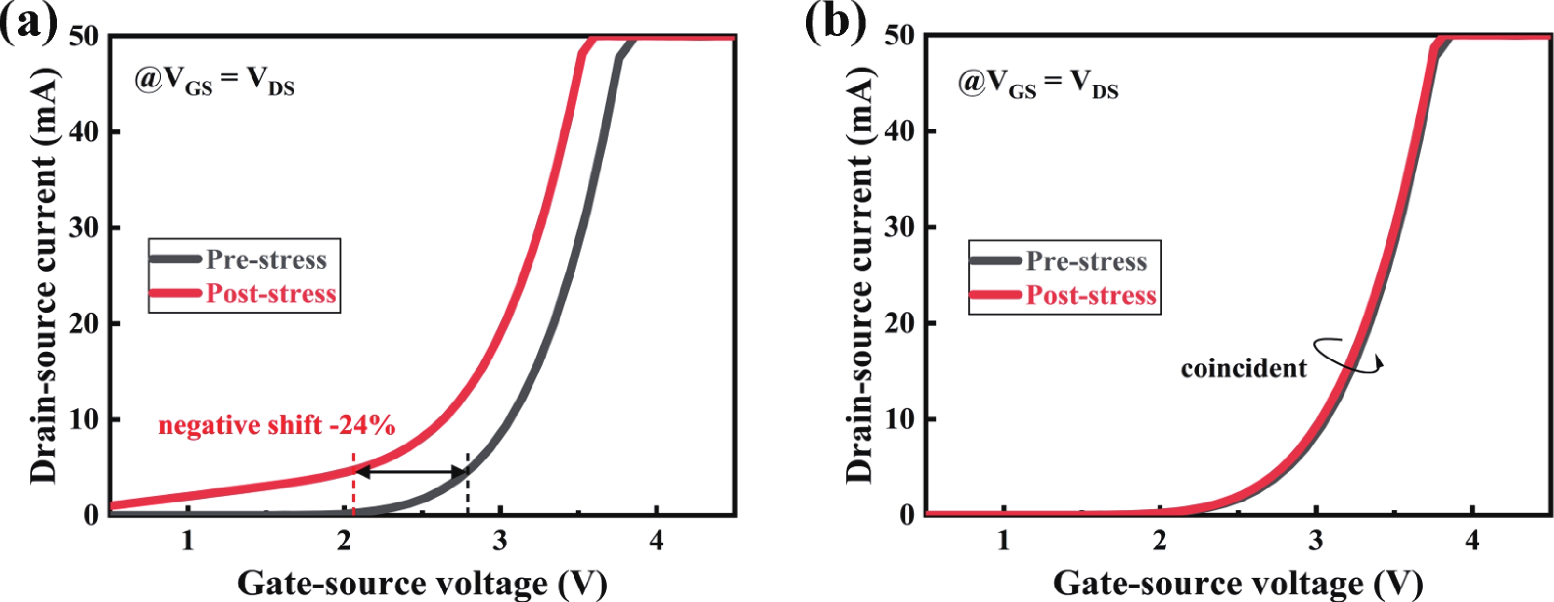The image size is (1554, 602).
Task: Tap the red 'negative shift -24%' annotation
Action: (277, 426)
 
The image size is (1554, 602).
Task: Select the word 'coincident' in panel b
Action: (1243, 369)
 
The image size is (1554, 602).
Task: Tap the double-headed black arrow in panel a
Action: (411, 472)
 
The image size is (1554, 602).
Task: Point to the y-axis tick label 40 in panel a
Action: (83, 131)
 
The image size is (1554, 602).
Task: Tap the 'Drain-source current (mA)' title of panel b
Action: (860, 274)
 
